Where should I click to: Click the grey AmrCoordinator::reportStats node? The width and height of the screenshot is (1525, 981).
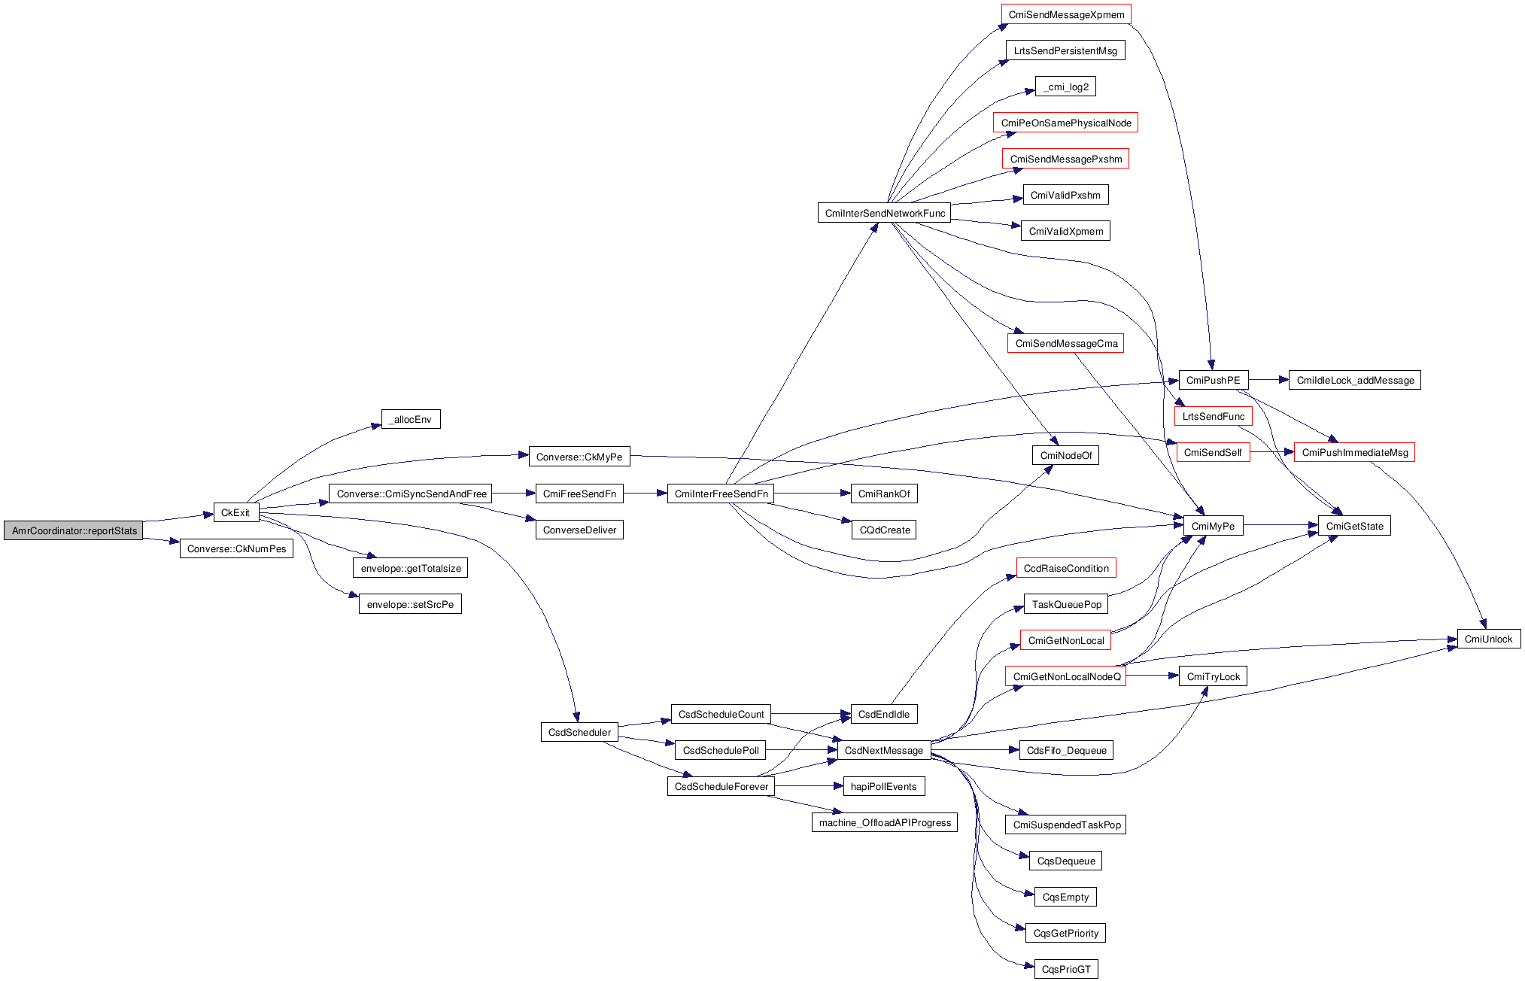(74, 530)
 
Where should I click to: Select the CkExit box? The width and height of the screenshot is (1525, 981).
(235, 512)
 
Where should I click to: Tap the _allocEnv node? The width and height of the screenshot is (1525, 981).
(411, 419)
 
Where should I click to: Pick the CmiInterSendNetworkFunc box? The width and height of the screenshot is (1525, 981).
(884, 213)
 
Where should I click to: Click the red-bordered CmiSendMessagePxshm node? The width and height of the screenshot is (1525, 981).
(1065, 159)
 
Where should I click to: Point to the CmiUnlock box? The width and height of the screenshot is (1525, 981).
(1488, 639)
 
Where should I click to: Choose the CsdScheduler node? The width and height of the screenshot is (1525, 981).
(579, 732)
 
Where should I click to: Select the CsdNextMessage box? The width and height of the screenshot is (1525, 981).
(883, 750)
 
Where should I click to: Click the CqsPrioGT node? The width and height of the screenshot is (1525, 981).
(1065, 969)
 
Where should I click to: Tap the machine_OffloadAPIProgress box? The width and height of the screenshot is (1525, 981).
(885, 822)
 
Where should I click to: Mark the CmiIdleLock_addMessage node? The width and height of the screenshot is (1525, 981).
(1354, 380)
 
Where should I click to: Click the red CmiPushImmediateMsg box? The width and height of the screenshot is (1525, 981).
(1354, 452)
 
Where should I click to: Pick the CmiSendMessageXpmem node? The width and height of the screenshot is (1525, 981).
(1065, 14)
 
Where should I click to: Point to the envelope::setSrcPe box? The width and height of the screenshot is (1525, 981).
(410, 604)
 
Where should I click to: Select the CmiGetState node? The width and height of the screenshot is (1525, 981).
(1354, 526)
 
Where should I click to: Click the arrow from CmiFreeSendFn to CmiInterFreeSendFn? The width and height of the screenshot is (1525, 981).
(645, 494)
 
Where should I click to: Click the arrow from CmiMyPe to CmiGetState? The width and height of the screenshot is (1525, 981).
(1280, 526)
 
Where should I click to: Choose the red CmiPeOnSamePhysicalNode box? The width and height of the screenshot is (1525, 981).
(1065, 123)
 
